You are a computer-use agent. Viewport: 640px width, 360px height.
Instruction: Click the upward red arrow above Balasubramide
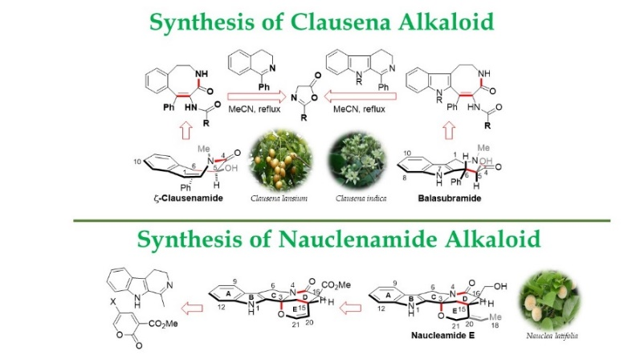[x=451, y=128]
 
